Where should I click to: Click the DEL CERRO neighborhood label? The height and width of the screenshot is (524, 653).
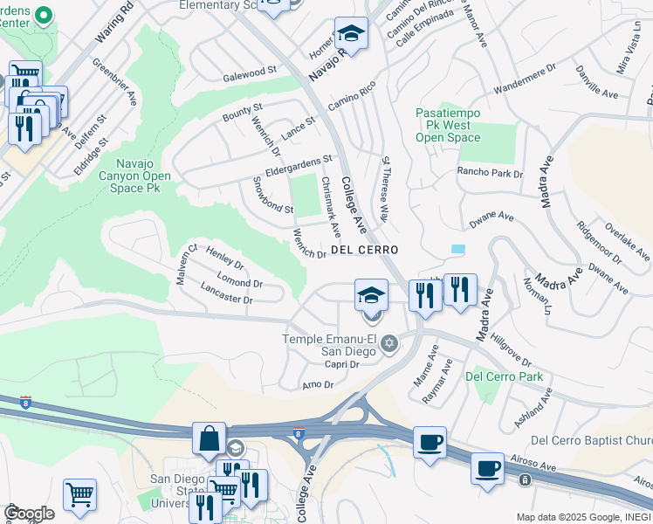pos(364,250)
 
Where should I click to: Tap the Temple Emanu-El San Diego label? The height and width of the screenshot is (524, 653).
pos(328,346)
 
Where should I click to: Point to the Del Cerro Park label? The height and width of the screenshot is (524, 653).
pos(504,376)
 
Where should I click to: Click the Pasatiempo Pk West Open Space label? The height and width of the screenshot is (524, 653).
pos(448,126)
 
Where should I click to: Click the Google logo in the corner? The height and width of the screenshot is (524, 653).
pos(29,514)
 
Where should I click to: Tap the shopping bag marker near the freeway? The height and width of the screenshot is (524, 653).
pos(210,439)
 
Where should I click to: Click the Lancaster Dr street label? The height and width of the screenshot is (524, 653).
pos(226,293)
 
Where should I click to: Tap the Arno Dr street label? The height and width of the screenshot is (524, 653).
pos(318,384)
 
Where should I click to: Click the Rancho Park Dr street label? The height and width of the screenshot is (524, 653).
pos(490,173)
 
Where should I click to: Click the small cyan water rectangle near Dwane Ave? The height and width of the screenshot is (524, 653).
pos(457,249)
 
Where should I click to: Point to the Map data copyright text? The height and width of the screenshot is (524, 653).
pos(583,517)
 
